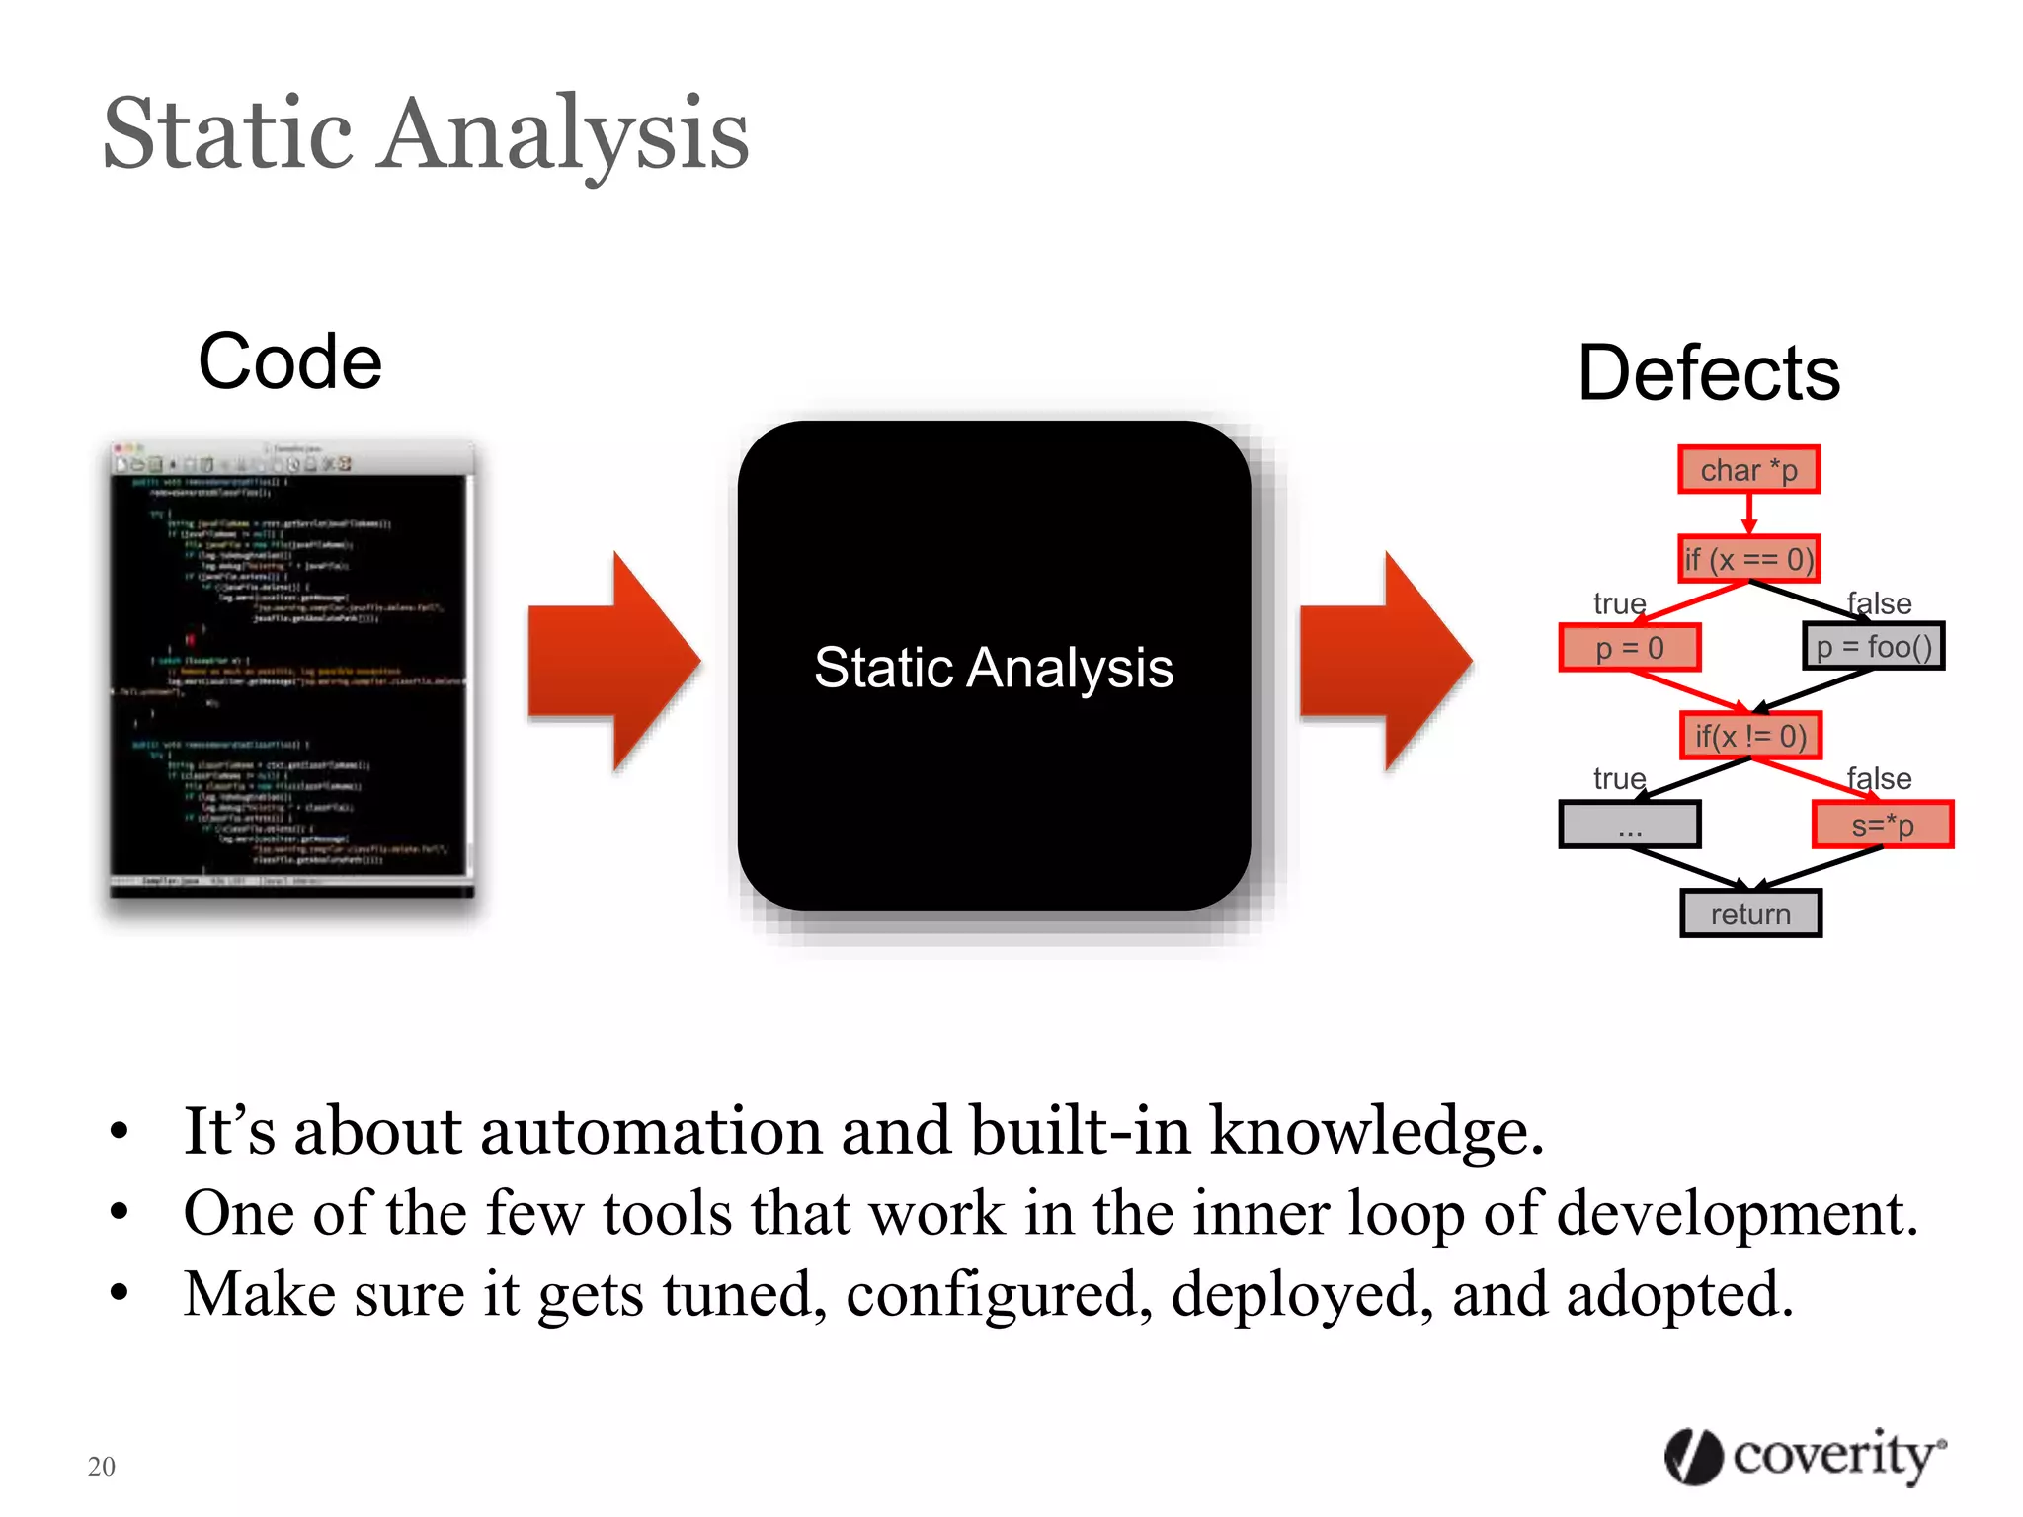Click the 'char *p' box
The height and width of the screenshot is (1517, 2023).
1747,470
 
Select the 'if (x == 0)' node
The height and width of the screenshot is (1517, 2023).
1747,559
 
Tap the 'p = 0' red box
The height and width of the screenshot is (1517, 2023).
1629,648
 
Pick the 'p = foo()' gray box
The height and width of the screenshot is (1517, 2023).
1873,647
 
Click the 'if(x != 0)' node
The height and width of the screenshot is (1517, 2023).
1749,736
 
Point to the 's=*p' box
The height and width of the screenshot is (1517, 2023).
1882,825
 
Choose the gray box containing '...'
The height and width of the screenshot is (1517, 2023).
1629,825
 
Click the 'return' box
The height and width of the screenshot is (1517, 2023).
1749,914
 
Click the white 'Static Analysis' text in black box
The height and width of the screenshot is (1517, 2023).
993,668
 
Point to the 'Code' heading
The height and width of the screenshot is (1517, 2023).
289,361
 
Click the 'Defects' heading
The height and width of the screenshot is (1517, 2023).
1708,373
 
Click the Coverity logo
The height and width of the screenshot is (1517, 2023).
1804,1456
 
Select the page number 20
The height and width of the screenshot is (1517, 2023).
101,1466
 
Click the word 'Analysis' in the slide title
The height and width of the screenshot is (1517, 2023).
565,134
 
